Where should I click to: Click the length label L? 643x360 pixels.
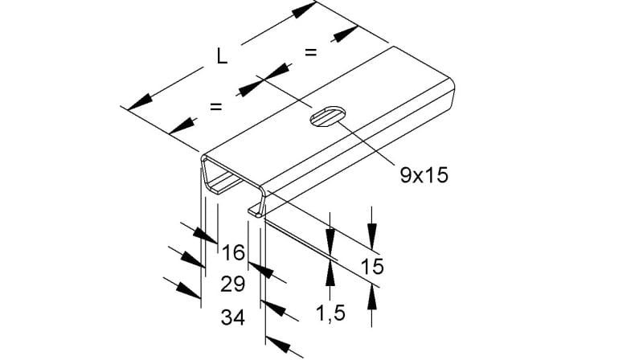click(x=222, y=56)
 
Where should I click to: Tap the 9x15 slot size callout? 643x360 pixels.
click(x=424, y=175)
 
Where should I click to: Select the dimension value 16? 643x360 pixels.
click(x=233, y=252)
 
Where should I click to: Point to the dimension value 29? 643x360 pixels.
click(x=233, y=284)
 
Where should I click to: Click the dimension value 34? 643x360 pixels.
click(x=233, y=317)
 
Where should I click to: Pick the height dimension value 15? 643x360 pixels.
click(x=372, y=267)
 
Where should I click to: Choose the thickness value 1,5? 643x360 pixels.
click(x=330, y=313)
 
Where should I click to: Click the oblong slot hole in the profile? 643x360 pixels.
click(x=327, y=116)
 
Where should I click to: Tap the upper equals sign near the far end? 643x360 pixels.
click(x=311, y=52)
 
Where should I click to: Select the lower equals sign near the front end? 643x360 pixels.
click(x=216, y=107)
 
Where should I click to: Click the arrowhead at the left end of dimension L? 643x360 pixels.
click(x=139, y=102)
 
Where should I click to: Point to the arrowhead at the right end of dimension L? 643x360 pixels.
click(x=305, y=10)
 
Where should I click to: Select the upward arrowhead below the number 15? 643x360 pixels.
click(x=372, y=297)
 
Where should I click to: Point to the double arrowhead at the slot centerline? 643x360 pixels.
click(x=264, y=80)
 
